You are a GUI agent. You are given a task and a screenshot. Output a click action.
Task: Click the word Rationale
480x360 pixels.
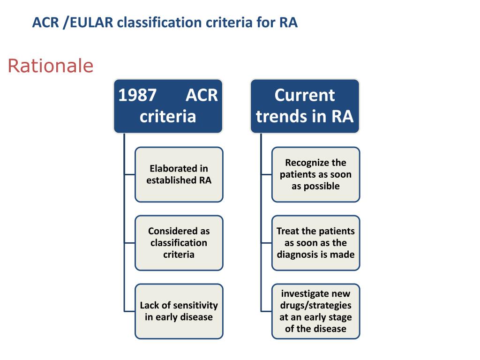(51, 66)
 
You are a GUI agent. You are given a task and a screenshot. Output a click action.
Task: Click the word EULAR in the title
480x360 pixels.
(90, 22)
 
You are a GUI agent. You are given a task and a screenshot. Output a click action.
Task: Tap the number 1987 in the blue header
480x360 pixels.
(137, 95)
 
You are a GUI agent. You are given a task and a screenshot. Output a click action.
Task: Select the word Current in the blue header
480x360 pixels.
(305, 95)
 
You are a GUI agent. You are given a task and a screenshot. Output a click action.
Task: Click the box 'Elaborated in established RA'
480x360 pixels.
(179, 174)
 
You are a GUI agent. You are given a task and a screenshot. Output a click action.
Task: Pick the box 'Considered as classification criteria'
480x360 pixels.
(179, 243)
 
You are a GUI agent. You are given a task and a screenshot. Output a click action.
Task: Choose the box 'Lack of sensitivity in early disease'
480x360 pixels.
(179, 311)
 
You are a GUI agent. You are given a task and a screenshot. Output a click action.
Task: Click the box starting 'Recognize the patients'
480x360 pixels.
(315, 174)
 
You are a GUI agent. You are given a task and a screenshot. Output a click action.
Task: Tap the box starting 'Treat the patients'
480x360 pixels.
(315, 243)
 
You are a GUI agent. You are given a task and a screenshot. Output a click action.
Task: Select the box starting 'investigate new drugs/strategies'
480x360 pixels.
(315, 311)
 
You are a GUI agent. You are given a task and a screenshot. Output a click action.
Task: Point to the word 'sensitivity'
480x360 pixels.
(195, 306)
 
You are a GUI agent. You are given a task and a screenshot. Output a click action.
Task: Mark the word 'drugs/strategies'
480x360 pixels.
(315, 305)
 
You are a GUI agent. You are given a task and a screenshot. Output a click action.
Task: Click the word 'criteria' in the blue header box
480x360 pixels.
(168, 116)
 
